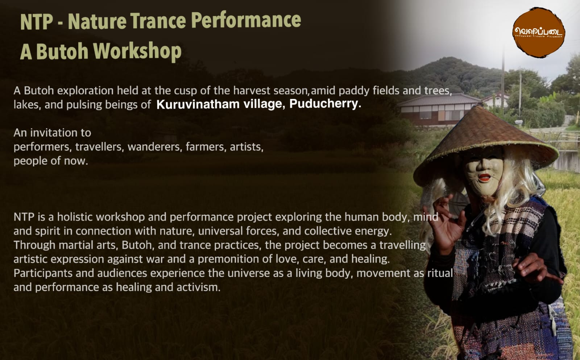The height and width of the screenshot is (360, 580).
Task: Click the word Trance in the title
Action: [158, 21]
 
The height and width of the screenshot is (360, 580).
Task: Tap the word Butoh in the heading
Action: [62, 51]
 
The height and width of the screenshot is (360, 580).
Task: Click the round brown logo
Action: [539, 32]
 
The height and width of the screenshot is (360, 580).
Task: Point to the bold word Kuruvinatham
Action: [198, 104]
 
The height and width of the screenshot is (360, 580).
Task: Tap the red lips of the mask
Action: [484, 178]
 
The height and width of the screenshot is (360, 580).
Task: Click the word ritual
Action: [440, 273]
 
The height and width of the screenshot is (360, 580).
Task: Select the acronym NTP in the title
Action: [37, 22]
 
